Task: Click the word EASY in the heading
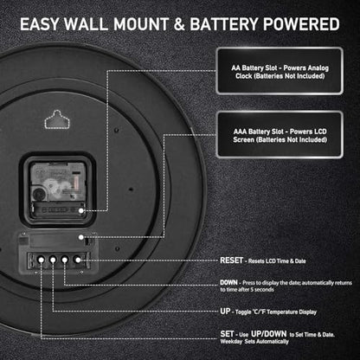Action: click(39, 24)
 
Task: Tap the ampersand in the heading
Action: click(179, 24)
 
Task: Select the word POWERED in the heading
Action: click(301, 24)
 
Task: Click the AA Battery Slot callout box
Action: click(280, 71)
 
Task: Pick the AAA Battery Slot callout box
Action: click(280, 135)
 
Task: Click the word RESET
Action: click(231, 260)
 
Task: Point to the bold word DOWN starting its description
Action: click(228, 283)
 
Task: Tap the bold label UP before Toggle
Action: click(225, 312)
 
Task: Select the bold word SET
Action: click(227, 334)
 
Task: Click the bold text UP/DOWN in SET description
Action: click(269, 334)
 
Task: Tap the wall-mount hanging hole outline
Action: click(57, 119)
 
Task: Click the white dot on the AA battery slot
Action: click(81, 210)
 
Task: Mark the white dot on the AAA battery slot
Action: click(81, 237)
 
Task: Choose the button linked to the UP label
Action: click(53, 260)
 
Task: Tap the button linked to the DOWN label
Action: click(65, 260)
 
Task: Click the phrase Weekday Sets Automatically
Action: click(254, 342)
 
